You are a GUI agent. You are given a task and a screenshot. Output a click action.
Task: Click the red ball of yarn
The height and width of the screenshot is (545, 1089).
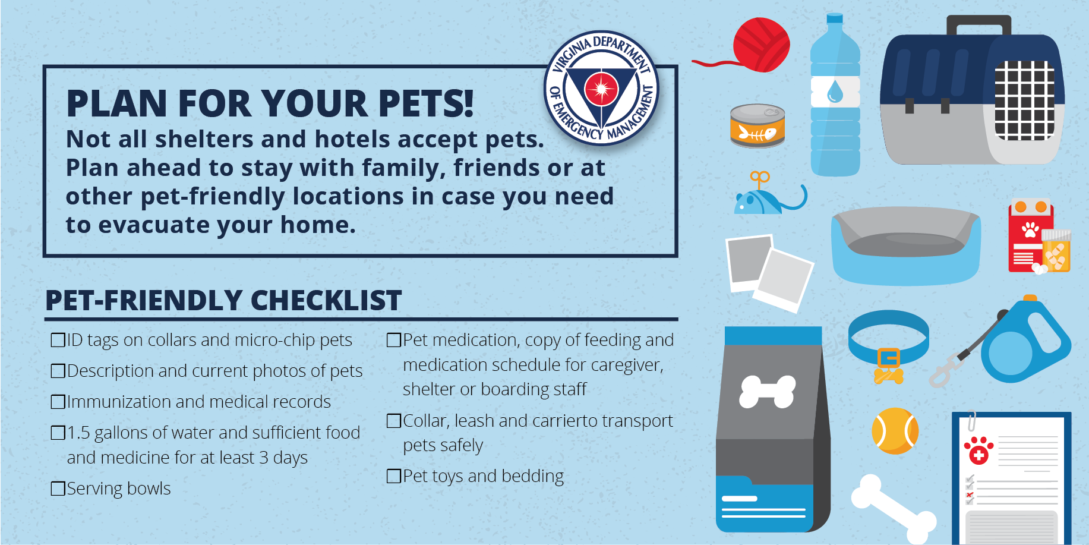761,45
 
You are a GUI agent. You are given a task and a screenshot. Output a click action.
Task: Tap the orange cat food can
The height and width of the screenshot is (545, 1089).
757,126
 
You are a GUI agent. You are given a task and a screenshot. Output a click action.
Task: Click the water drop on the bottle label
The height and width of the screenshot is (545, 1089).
835,92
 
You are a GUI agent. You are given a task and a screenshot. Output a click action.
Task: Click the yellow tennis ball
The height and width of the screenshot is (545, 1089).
895,430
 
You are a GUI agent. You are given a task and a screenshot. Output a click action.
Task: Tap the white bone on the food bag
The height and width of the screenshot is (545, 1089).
767,392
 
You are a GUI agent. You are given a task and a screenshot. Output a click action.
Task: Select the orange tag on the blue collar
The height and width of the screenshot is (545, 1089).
888,359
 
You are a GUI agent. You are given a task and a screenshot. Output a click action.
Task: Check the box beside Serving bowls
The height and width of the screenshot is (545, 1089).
58,489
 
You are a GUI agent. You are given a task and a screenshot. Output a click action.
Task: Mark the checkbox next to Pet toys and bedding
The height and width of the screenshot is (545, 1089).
394,476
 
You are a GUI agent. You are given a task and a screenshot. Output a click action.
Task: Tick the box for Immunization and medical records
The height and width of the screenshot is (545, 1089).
58,402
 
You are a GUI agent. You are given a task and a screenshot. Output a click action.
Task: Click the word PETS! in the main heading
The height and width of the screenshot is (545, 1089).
426,103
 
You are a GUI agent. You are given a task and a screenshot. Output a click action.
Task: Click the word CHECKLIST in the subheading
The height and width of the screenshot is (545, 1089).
326,300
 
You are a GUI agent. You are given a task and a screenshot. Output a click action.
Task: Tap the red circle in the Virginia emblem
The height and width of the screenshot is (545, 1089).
601,89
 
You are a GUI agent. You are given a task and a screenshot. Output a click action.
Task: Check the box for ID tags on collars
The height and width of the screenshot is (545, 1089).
58,340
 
